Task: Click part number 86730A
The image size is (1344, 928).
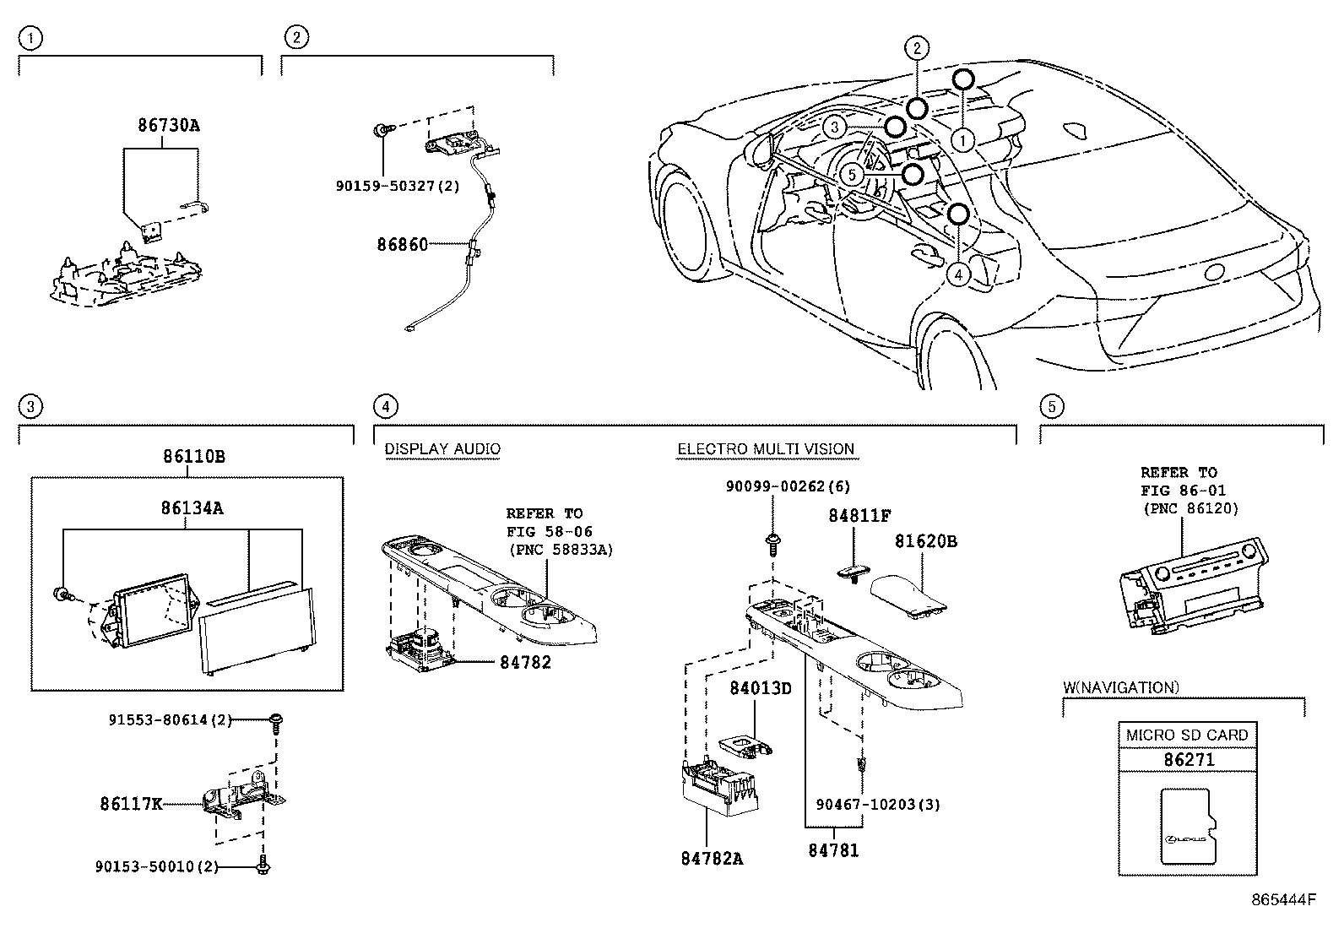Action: pos(169,125)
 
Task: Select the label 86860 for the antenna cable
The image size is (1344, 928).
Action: pos(402,244)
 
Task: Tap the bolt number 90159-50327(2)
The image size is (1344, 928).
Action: pos(398,186)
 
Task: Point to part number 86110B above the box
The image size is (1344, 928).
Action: pos(194,456)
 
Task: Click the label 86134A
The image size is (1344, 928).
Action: pos(192,508)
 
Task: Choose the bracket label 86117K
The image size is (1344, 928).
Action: pos(131,804)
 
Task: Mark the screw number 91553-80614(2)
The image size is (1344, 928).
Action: pos(170,719)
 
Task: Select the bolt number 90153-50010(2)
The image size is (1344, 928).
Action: pos(156,866)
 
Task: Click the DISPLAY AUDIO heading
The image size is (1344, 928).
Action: pos(442,449)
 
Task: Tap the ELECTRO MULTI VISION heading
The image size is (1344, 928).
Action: pos(766,449)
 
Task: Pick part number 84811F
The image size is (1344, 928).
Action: pos(859,516)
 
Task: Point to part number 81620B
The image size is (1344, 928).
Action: pos(926,541)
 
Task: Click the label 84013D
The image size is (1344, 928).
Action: pos(760,688)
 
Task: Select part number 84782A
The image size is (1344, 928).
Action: pos(712,859)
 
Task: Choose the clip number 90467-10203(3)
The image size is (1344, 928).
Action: pos(878,805)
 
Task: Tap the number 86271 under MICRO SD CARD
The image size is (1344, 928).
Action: pos(1189,760)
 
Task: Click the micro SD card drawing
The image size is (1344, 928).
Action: pos(1189,828)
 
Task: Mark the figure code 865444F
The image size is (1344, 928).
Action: pos(1283,900)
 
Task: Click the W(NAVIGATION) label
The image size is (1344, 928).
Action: pos(1121,687)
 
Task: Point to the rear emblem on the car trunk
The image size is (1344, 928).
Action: pos(1217,272)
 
